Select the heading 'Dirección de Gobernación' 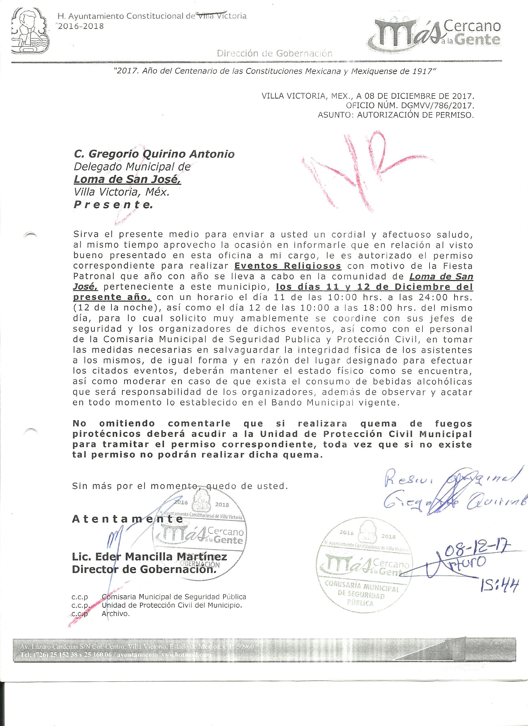[x=275, y=53]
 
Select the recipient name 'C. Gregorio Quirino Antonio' [x=154, y=154]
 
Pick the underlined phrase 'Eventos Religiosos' [x=288, y=266]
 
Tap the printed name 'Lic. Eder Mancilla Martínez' [x=149, y=557]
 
